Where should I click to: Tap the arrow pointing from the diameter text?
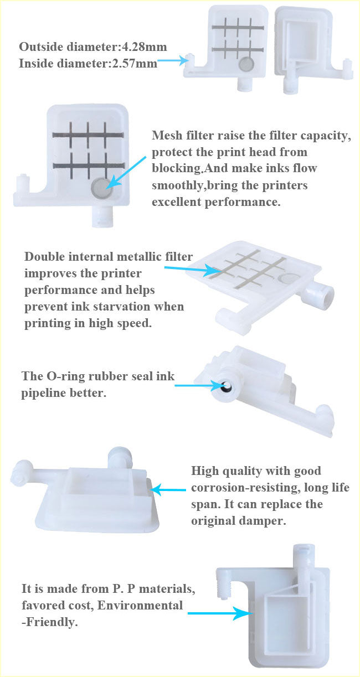click(173, 63)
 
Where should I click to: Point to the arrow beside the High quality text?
click(169, 489)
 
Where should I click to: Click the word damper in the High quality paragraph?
click(264, 521)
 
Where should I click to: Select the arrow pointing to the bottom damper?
click(216, 613)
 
